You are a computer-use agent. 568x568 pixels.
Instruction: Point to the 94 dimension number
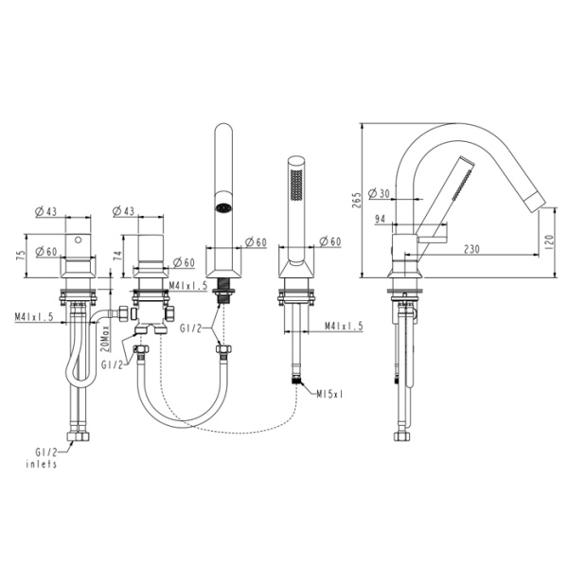tap(381, 220)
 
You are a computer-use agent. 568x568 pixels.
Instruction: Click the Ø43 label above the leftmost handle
tap(47, 210)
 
